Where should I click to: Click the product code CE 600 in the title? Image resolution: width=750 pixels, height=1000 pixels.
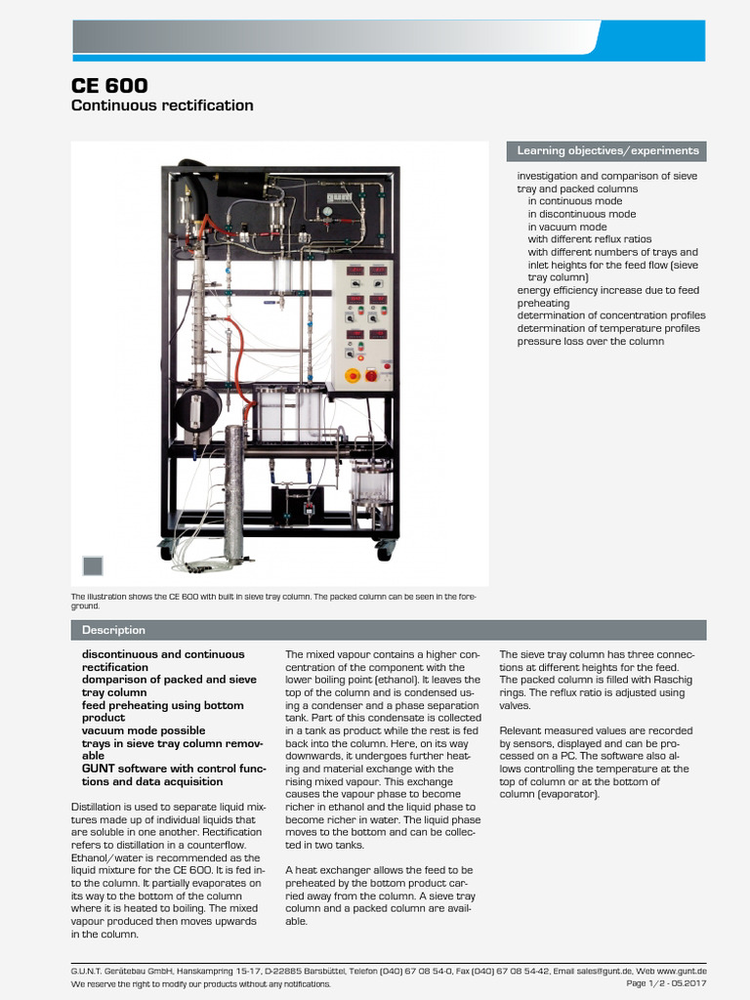[x=110, y=85]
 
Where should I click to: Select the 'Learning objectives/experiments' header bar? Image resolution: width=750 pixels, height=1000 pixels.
[x=606, y=151]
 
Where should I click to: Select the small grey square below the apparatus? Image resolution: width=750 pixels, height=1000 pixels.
[x=93, y=566]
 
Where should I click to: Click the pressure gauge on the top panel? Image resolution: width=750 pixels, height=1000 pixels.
[x=330, y=208]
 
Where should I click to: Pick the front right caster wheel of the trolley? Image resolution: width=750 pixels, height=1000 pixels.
[x=382, y=553]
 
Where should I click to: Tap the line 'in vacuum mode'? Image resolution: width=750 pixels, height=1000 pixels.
[x=566, y=227]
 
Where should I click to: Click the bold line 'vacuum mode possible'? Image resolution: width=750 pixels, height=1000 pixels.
[x=144, y=730]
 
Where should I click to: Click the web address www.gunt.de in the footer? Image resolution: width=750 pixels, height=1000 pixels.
[x=681, y=971]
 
